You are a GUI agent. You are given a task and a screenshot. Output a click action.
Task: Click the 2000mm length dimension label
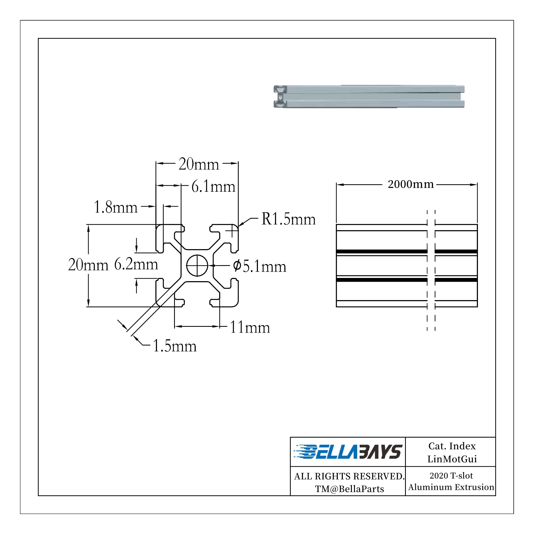[410, 184]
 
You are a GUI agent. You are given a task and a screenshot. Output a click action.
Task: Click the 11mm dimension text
[250, 328]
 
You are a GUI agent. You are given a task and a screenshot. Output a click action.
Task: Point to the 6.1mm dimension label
[213, 187]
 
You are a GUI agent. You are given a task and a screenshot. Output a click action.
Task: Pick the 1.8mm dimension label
[116, 207]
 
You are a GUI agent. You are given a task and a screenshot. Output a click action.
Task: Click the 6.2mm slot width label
[136, 264]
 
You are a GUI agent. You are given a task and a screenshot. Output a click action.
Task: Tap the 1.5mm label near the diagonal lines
[174, 346]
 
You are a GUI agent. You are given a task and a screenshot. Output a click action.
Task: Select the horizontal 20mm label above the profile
[198, 164]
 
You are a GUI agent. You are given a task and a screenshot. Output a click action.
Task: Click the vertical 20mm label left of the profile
[88, 265]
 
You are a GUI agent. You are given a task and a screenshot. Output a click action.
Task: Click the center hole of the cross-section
[197, 265]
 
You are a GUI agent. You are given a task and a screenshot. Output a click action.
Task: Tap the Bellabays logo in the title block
[347, 452]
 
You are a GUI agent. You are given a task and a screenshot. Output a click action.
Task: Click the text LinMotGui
[452, 459]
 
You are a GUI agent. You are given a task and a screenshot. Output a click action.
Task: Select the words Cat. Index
[452, 446]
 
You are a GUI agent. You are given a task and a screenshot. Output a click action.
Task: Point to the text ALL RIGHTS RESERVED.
[349, 476]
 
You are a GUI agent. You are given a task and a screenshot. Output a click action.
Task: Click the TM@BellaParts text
[349, 489]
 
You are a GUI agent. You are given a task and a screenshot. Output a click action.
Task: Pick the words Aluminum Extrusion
[451, 487]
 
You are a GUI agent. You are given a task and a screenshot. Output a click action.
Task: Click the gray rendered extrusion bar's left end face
[280, 96]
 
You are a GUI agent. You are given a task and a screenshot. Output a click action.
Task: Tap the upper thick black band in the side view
[382, 252]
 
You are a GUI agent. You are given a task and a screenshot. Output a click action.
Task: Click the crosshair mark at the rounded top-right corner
[232, 231]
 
